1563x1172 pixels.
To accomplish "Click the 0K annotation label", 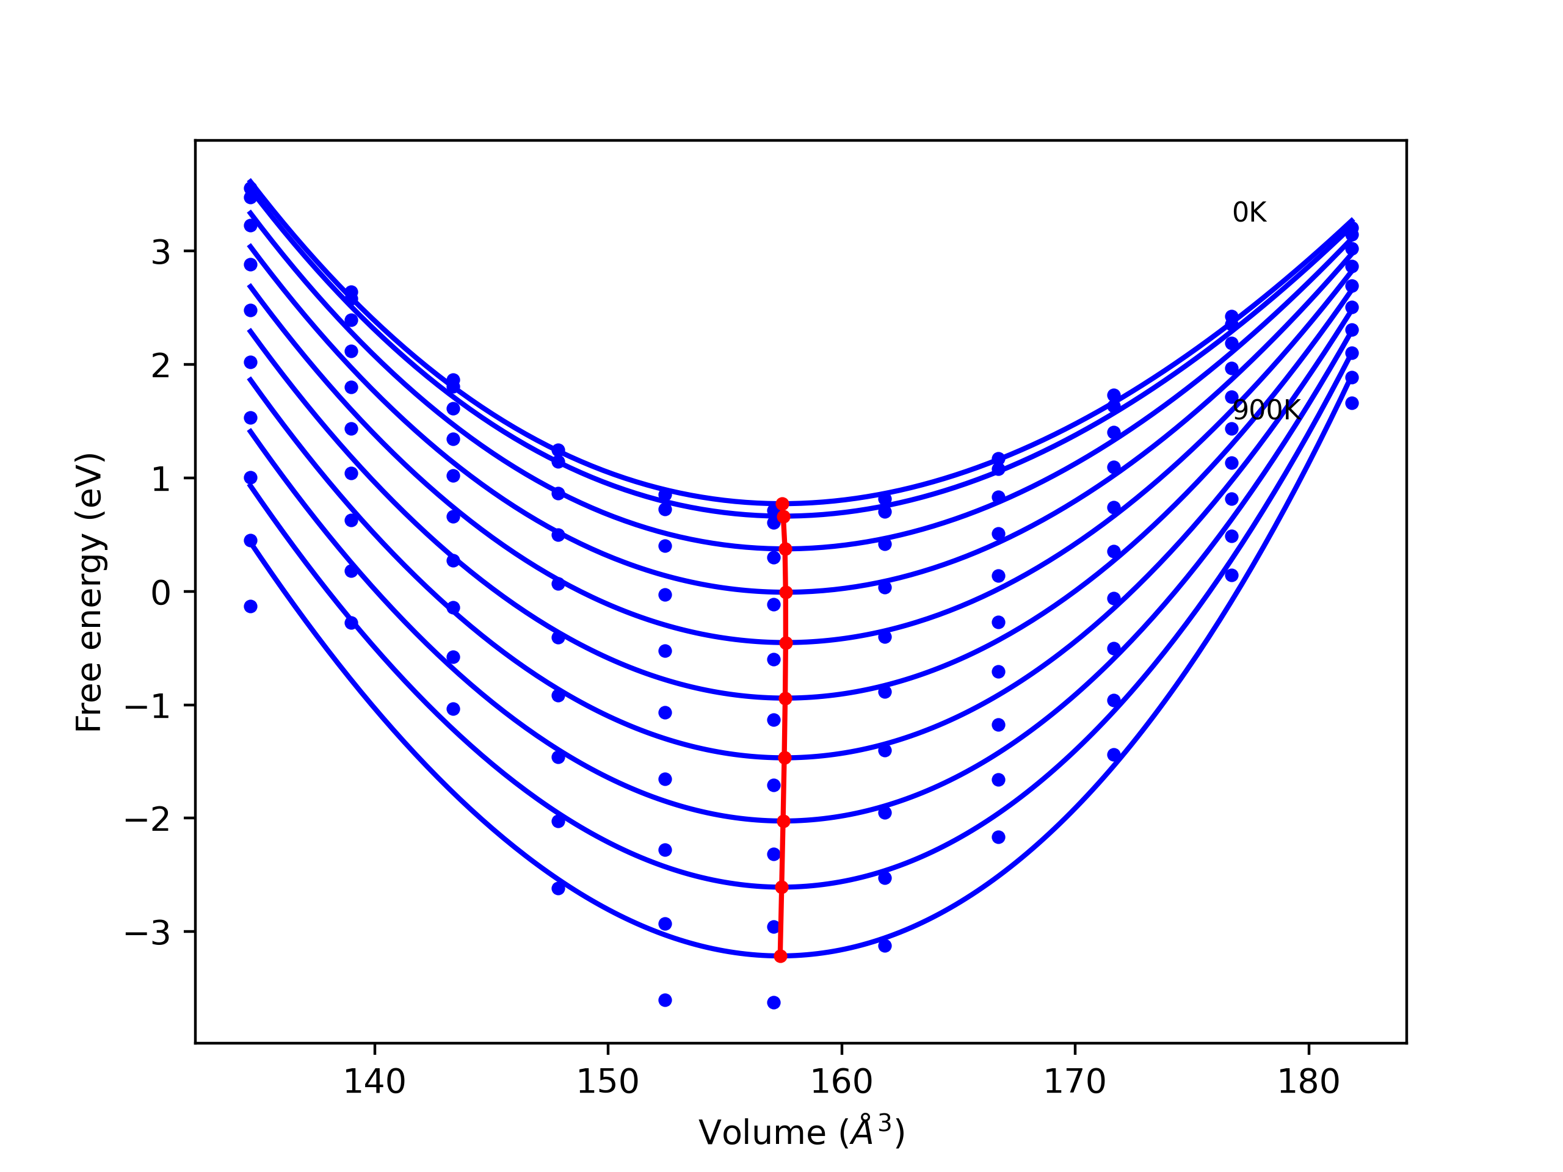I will click(x=1249, y=212).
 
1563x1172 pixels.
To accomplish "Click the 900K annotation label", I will click(x=1266, y=410).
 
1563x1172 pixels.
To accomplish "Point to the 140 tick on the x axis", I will click(x=374, y=1082).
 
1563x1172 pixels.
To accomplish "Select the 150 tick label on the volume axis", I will click(x=607, y=1082).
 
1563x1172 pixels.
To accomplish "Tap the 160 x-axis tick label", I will click(x=841, y=1082).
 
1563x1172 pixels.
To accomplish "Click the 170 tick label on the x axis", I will click(x=1075, y=1082).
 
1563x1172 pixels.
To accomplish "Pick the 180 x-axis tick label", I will click(x=1308, y=1082).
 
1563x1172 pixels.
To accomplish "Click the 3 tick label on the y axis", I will click(x=161, y=252).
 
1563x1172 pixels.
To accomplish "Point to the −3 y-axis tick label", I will click(x=148, y=933).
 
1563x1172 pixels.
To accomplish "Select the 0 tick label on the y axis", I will click(x=161, y=593).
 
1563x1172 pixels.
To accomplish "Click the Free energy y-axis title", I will click(x=90, y=592).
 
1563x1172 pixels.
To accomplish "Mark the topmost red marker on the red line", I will click(x=782, y=504).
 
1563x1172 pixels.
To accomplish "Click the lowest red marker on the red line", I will click(x=780, y=956).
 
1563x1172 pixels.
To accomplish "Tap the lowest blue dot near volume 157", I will click(x=774, y=1002).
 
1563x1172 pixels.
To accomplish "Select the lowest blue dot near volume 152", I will click(x=665, y=1000).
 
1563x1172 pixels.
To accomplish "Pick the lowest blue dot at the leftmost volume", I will click(x=250, y=606).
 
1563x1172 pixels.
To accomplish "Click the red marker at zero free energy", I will click(x=786, y=592).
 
